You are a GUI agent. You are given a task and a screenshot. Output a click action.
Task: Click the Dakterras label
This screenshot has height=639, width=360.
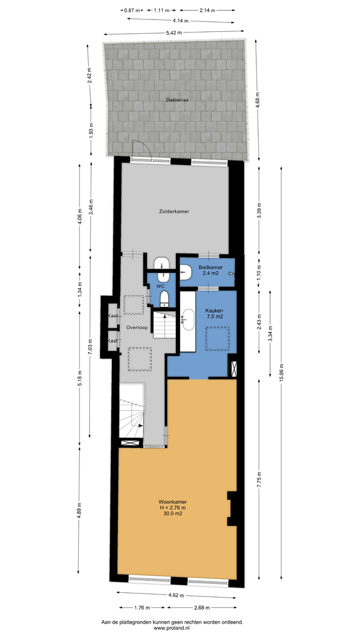point(177,99)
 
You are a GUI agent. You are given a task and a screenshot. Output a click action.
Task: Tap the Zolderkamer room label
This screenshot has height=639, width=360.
point(174,211)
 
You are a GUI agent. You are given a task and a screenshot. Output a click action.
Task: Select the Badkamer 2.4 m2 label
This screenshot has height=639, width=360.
point(210,270)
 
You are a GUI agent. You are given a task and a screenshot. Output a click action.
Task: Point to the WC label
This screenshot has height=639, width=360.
point(160,286)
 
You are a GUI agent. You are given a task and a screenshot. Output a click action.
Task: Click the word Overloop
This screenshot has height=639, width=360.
point(137,328)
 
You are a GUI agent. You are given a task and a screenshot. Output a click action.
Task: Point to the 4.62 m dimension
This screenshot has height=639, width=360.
point(176,595)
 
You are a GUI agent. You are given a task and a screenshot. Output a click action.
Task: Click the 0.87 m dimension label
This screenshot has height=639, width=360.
point(132,11)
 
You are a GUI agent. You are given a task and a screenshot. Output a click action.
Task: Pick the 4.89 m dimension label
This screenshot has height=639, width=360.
point(79,509)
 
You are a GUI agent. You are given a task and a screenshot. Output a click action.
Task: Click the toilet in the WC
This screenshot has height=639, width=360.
point(164,298)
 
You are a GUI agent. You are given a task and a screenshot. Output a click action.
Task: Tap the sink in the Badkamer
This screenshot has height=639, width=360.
point(185,272)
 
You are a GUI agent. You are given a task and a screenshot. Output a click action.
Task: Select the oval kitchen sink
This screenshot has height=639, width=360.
point(188,319)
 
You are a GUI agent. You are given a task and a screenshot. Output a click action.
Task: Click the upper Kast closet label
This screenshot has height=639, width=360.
point(112,316)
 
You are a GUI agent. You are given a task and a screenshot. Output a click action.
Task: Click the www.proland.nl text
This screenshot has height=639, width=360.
point(172,628)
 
